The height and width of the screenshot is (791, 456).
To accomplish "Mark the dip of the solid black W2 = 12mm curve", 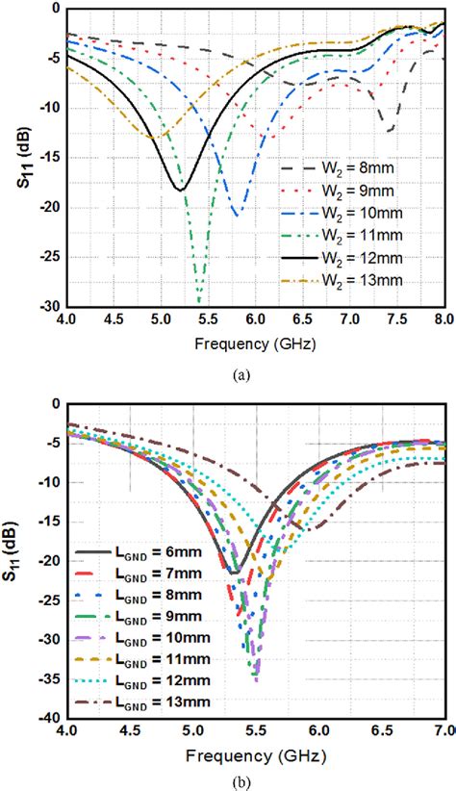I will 181,189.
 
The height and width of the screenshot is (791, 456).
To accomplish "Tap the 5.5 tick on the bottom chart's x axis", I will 256,733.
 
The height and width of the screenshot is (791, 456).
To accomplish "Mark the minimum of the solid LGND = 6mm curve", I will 233,573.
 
